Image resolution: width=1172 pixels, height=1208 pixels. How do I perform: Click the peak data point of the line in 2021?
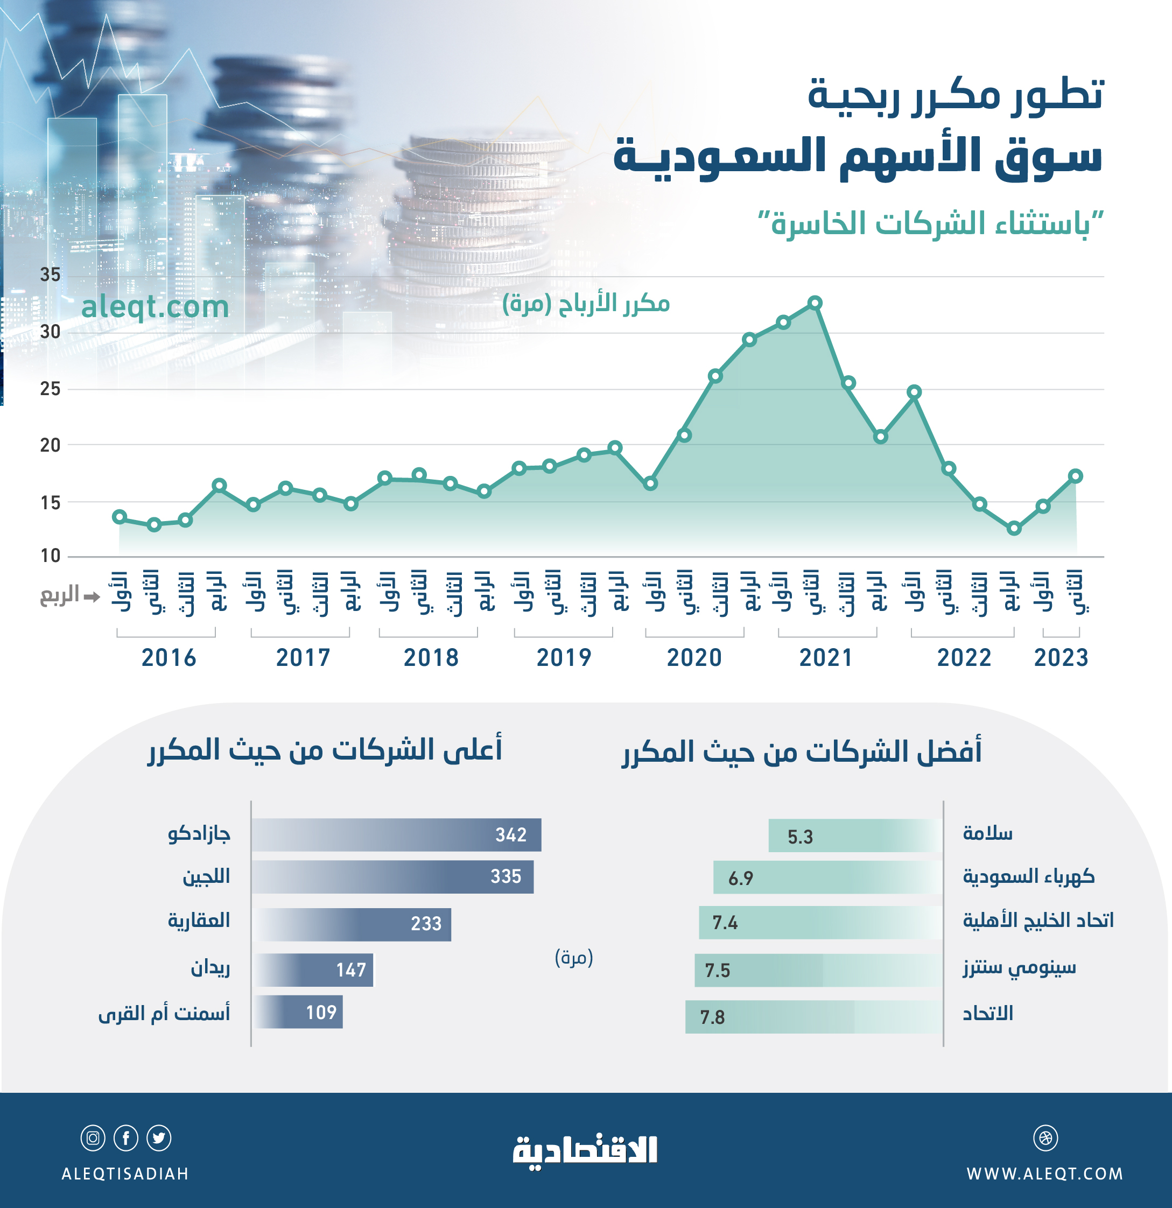click(815, 303)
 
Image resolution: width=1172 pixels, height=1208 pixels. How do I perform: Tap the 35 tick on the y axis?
click(51, 275)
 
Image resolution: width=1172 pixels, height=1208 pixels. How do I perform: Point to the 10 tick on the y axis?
click(51, 556)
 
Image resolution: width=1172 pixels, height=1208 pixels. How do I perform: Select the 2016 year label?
click(169, 658)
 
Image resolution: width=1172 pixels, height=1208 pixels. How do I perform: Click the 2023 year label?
click(1061, 658)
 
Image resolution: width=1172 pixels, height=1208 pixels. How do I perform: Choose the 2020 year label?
click(694, 658)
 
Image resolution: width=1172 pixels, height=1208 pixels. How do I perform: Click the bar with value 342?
click(396, 834)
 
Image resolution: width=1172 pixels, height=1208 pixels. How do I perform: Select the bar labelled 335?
click(392, 876)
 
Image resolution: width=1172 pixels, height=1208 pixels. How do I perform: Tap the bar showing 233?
click(352, 923)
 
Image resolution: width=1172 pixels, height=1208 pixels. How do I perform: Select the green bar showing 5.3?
click(854, 835)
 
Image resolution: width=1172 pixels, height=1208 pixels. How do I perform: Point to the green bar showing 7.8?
click(813, 1016)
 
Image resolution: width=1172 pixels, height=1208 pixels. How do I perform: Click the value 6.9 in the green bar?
click(740, 877)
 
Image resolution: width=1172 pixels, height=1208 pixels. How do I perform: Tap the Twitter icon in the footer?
click(159, 1137)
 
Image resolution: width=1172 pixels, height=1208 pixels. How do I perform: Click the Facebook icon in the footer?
click(126, 1137)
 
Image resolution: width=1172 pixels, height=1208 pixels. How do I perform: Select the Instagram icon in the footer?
click(93, 1137)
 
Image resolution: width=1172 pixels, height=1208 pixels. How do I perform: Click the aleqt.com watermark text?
click(155, 306)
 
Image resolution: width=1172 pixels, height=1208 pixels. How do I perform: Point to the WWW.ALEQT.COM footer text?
click(1044, 1174)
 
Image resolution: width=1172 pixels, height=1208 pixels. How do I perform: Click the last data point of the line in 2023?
click(1075, 476)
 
